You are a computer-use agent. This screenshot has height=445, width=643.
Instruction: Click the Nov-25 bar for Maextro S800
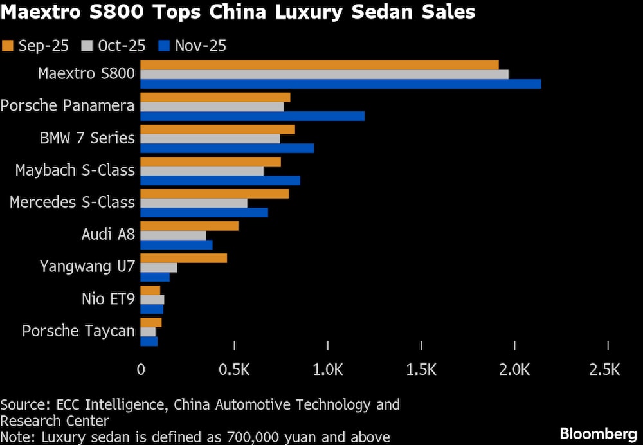click(340, 84)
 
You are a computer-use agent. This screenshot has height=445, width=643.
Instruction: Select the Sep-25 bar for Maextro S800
click(320, 65)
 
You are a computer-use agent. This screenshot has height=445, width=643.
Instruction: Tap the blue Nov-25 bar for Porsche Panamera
click(252, 116)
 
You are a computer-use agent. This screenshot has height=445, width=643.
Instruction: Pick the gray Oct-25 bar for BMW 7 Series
click(210, 138)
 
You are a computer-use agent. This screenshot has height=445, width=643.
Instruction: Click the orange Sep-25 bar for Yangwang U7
click(183, 258)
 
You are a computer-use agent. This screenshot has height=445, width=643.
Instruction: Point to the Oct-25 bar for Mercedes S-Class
click(194, 203)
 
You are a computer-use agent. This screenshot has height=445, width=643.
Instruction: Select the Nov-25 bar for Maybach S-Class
click(220, 180)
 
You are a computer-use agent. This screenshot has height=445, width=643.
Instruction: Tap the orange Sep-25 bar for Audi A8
click(189, 226)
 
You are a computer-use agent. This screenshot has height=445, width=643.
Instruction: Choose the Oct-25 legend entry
click(113, 46)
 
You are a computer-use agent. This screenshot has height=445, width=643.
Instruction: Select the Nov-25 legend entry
click(194, 46)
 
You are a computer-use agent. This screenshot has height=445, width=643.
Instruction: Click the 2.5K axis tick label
click(604, 370)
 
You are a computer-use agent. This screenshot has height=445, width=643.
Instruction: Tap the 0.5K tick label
click(234, 370)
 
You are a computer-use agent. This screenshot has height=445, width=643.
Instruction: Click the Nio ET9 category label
click(108, 298)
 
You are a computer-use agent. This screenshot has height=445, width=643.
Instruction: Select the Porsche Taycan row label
click(78, 331)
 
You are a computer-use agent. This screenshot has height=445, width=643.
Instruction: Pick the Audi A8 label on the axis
click(108, 234)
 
